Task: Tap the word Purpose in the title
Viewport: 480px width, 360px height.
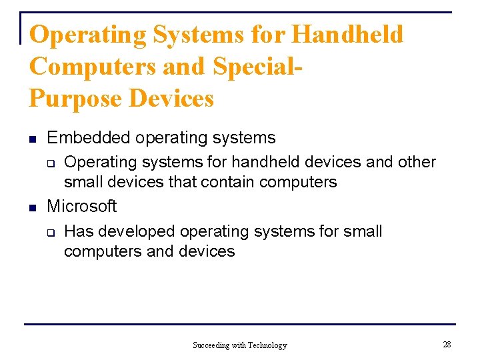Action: click(75, 99)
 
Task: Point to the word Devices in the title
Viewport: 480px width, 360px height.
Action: click(171, 99)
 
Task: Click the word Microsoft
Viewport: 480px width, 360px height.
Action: click(82, 207)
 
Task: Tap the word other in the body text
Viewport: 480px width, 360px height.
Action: click(417, 162)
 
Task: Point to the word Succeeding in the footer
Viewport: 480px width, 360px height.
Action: click(211, 345)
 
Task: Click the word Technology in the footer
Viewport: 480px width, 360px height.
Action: click(267, 345)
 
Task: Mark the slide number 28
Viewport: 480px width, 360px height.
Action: click(447, 344)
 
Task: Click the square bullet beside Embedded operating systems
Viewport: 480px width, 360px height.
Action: click(32, 139)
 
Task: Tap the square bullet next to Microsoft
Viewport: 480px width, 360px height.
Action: click(32, 208)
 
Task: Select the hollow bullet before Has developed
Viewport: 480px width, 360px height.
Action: click(50, 233)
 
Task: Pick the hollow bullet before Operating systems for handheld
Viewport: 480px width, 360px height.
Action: click(50, 163)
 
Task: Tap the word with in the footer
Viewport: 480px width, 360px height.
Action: click(239, 345)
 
